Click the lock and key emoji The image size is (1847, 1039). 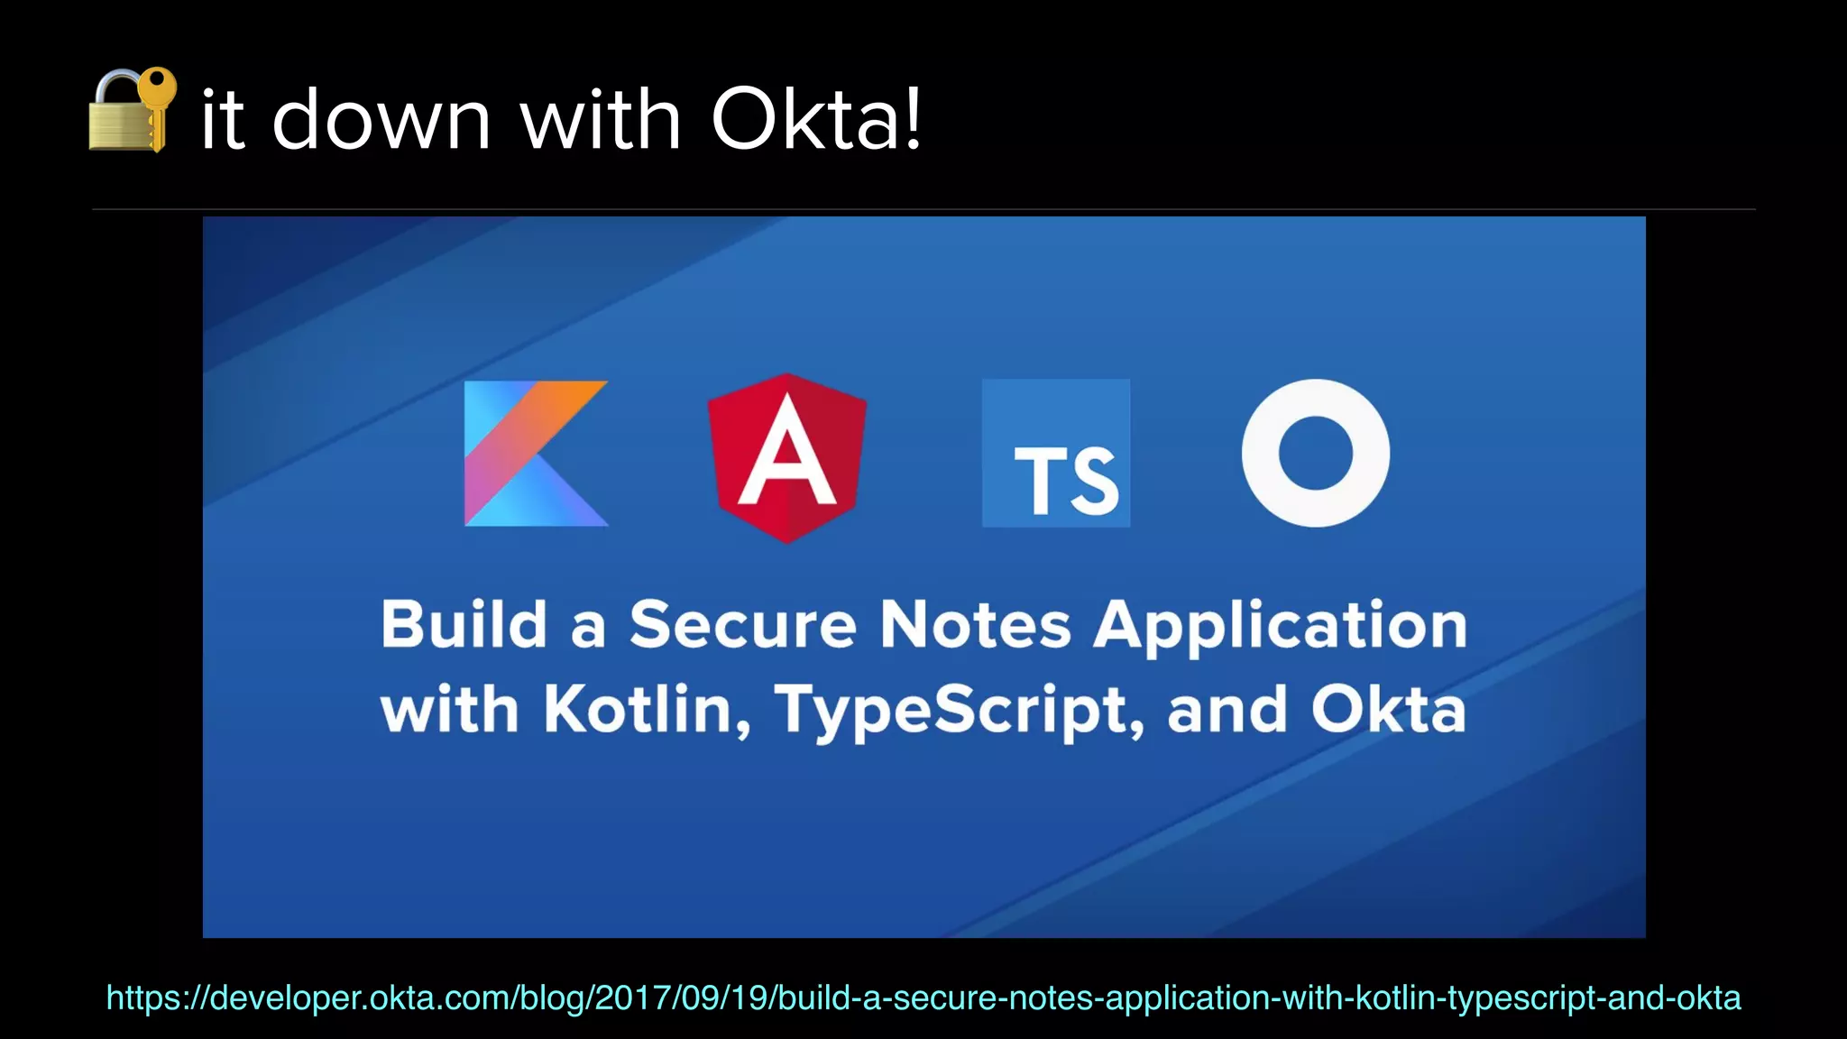pos(132,110)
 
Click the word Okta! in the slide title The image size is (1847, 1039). pos(817,119)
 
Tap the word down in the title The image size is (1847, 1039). pos(381,119)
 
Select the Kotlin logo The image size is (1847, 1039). pos(536,453)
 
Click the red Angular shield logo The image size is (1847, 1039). pos(787,457)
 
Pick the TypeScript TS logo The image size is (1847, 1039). pos(1055,453)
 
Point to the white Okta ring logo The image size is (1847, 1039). pos(1315,453)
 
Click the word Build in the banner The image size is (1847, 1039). pos(464,624)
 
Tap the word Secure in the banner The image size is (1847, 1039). pos(742,624)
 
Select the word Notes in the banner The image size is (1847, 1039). pos(975,624)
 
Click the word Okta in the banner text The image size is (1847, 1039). pos(1388,709)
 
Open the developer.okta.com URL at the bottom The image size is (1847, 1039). pos(923,998)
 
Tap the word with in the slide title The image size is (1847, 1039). pos(600,119)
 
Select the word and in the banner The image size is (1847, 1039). pos(1227,709)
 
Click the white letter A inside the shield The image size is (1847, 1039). pos(787,455)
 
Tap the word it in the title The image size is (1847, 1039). pos(222,121)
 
